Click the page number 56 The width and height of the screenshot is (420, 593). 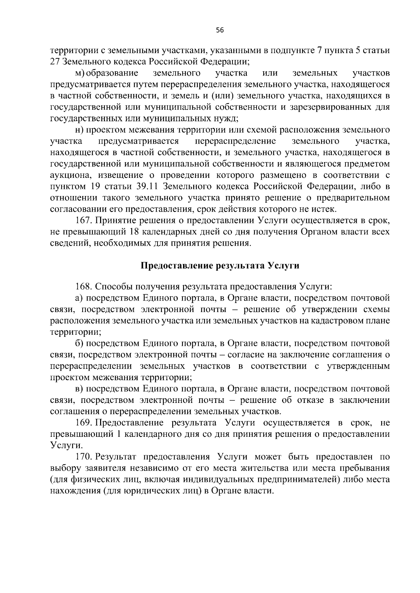(220, 30)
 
